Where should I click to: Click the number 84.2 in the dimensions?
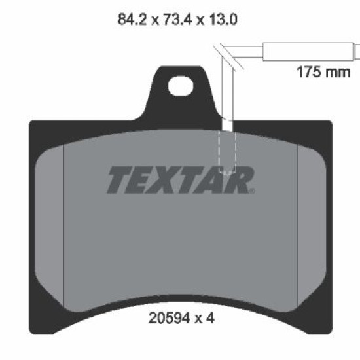click(132, 19)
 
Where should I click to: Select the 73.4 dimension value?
click(177, 19)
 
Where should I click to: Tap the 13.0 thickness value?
click(223, 19)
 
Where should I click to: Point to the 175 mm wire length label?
click(323, 72)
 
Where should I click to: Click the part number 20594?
click(170, 318)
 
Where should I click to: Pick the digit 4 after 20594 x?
click(210, 318)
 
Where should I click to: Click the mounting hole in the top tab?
click(181, 86)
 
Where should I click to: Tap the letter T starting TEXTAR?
click(120, 180)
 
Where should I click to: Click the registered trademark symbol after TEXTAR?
click(252, 190)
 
